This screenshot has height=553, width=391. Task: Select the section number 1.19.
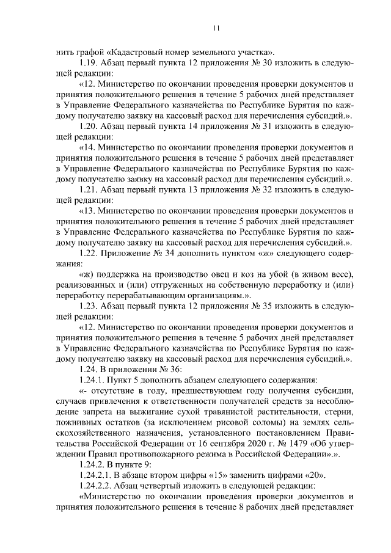point(89,63)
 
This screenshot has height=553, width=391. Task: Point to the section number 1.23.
point(89,304)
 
